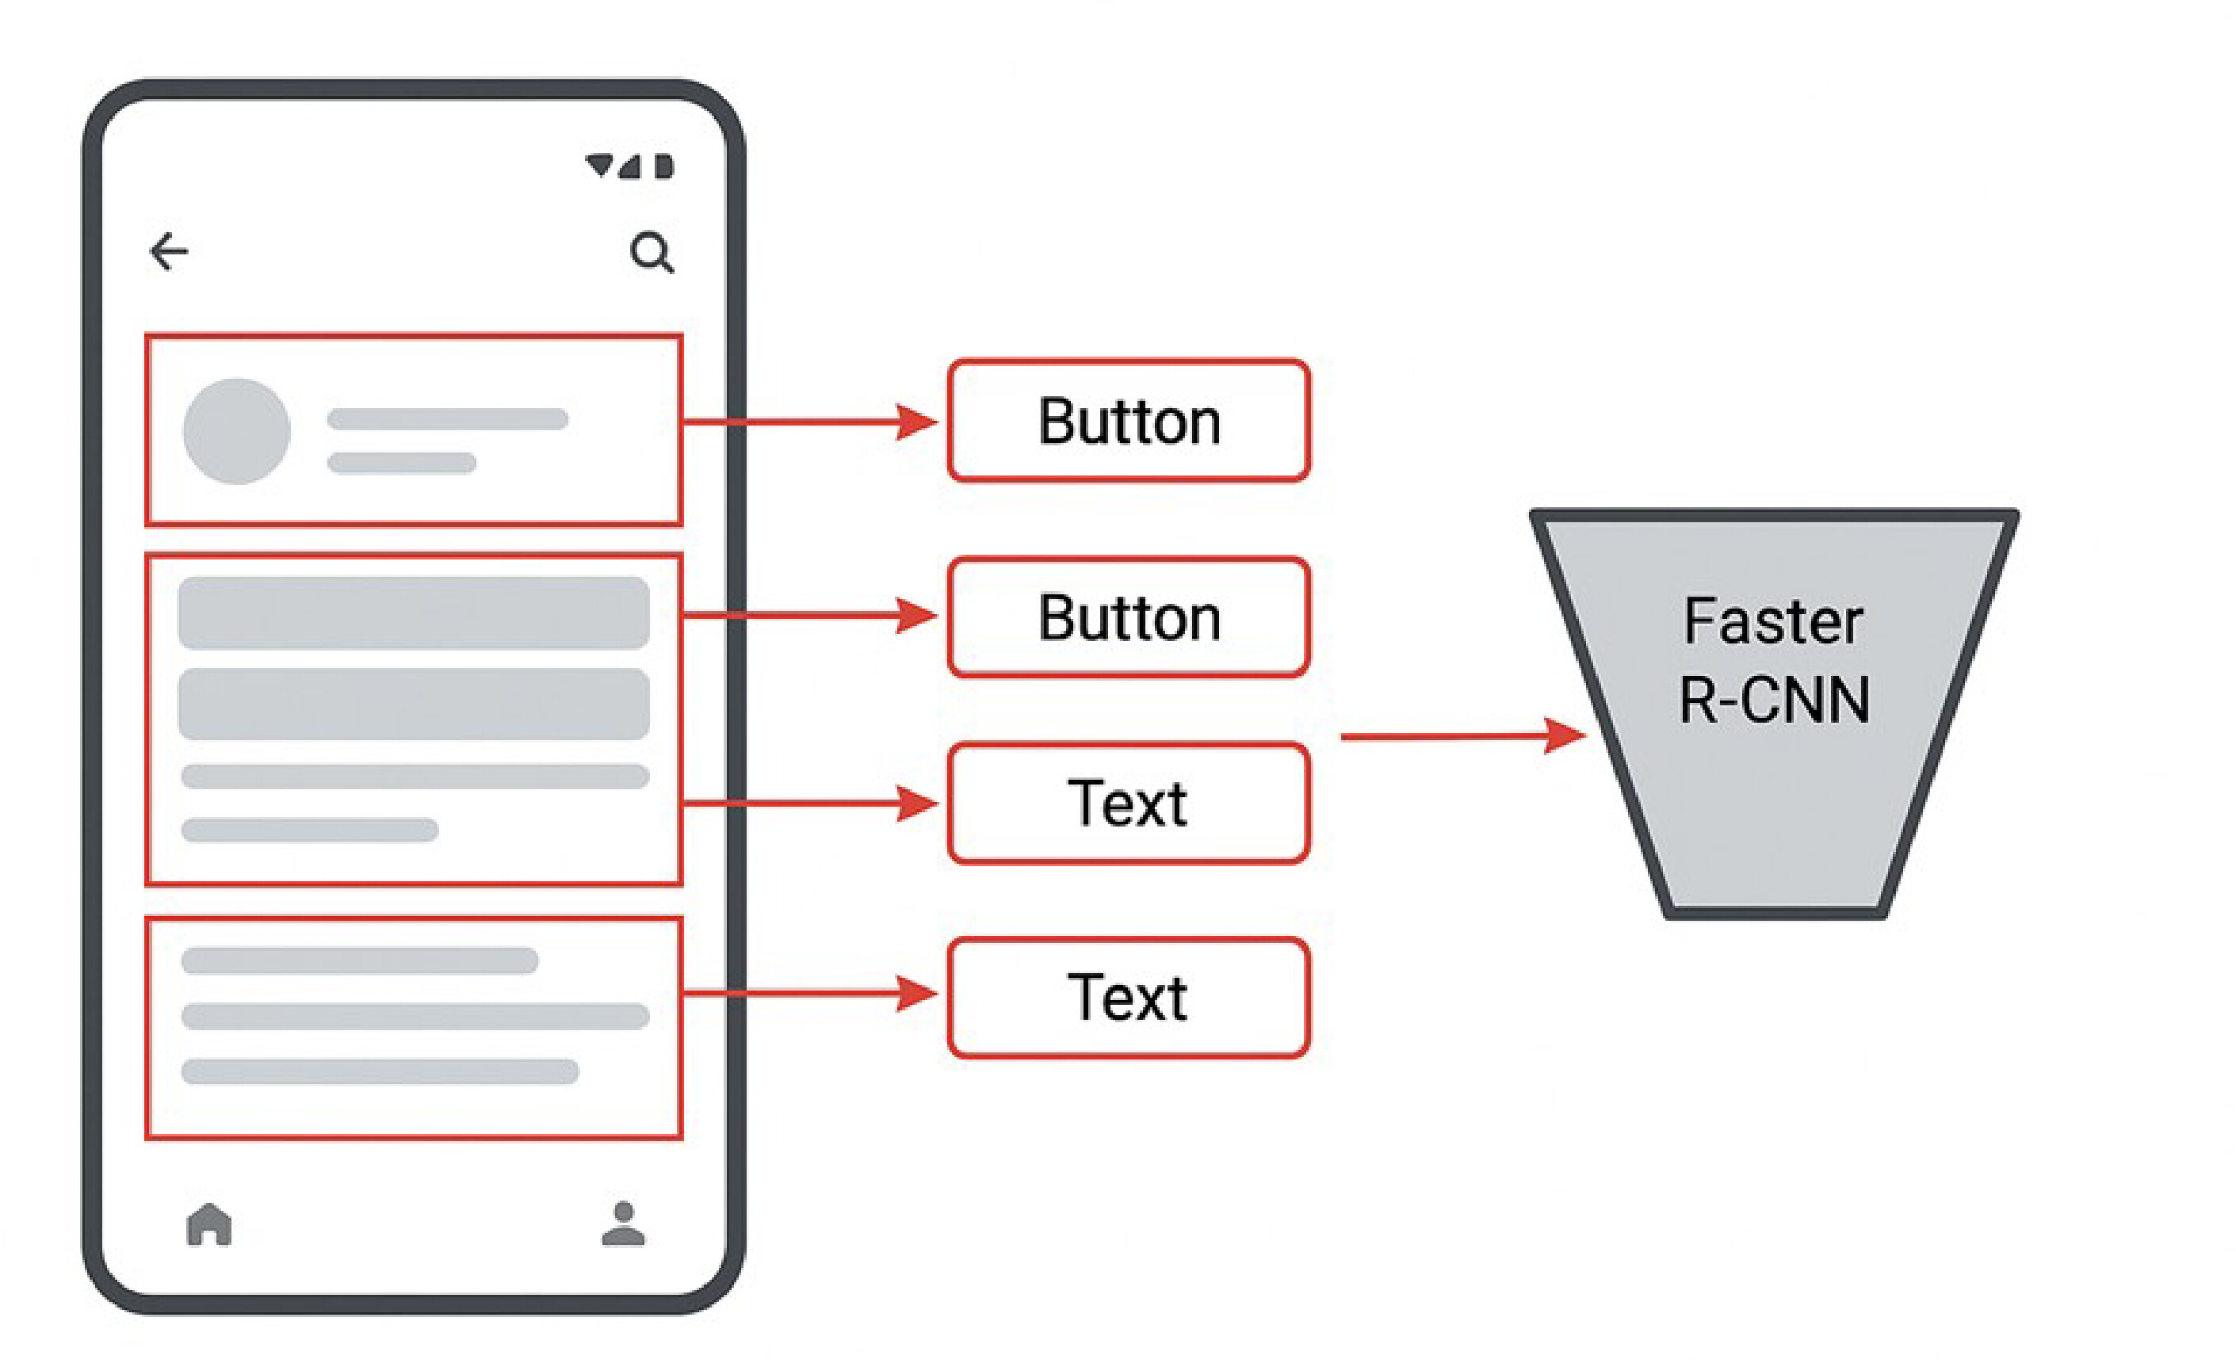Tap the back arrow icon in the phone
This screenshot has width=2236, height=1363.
coord(169,251)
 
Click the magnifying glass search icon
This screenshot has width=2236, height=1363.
coord(652,252)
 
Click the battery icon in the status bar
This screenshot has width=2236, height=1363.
coord(664,167)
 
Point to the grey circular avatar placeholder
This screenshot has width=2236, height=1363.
coord(237,431)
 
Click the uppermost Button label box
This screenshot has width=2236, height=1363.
coord(1129,420)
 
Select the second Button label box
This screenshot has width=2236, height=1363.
coord(1129,617)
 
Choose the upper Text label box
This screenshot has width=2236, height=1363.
coord(1129,803)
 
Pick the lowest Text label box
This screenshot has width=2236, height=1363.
coord(1129,998)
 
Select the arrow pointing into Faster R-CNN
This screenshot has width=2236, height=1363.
coord(1463,736)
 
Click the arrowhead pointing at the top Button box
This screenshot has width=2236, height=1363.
coord(916,422)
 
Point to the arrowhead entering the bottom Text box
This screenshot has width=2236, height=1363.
coord(916,993)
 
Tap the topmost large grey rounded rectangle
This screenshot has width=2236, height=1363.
coord(414,613)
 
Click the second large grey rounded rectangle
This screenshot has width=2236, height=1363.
coord(414,704)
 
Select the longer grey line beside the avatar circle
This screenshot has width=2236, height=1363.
coord(447,418)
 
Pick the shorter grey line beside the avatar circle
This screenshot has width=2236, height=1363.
coord(402,463)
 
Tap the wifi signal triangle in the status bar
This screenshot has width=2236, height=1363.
coord(599,165)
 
